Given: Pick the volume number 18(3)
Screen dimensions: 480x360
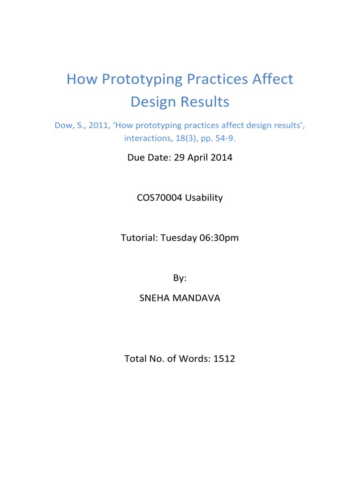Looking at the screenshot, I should [x=186, y=138].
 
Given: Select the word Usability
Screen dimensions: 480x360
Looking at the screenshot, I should [x=204, y=198].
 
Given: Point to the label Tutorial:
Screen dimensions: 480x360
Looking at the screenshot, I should [x=139, y=238].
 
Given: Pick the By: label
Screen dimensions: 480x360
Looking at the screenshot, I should [x=180, y=278].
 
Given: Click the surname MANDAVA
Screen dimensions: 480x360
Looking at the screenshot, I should [x=197, y=298].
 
